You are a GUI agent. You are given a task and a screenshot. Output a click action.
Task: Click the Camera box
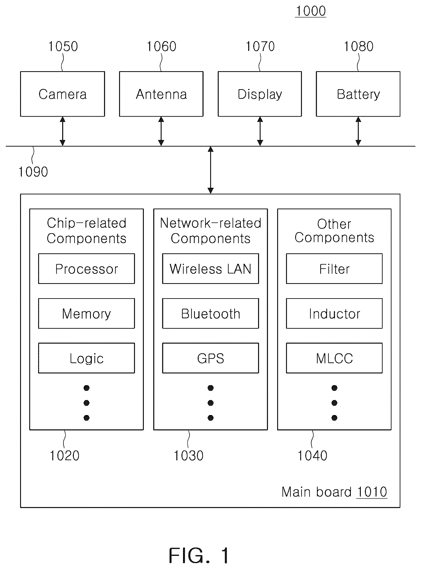pos(62,94)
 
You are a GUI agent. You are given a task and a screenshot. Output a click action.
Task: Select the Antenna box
pos(161,94)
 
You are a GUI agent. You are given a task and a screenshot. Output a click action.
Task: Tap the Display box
pos(260,94)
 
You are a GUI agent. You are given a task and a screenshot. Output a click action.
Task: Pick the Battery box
pos(358,94)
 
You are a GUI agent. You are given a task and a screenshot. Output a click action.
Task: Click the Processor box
pos(87,269)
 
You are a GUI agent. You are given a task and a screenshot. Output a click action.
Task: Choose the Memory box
pos(87,313)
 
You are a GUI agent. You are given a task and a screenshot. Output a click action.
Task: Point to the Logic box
pos(87,358)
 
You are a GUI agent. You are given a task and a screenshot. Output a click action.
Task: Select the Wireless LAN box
pos(210,269)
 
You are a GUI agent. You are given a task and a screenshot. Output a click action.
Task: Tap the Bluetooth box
pos(210,313)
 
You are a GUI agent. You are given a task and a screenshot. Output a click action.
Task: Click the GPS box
pos(210,358)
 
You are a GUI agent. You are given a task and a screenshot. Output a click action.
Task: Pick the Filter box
pos(334,269)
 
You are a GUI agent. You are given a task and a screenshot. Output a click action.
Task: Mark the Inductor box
pos(334,313)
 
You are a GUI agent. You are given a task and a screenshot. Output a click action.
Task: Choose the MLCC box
pos(334,358)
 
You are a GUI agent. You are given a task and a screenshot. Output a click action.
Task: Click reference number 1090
pos(33,172)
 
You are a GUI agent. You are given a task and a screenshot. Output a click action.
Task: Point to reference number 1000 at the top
pos(311,11)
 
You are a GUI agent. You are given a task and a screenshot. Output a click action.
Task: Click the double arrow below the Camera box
pos(62,131)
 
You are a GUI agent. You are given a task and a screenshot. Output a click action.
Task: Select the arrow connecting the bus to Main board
pos(210,170)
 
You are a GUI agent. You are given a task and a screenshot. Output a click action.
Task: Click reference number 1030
pos(189,456)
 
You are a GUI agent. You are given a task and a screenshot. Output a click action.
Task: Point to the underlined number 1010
pos(372,492)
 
